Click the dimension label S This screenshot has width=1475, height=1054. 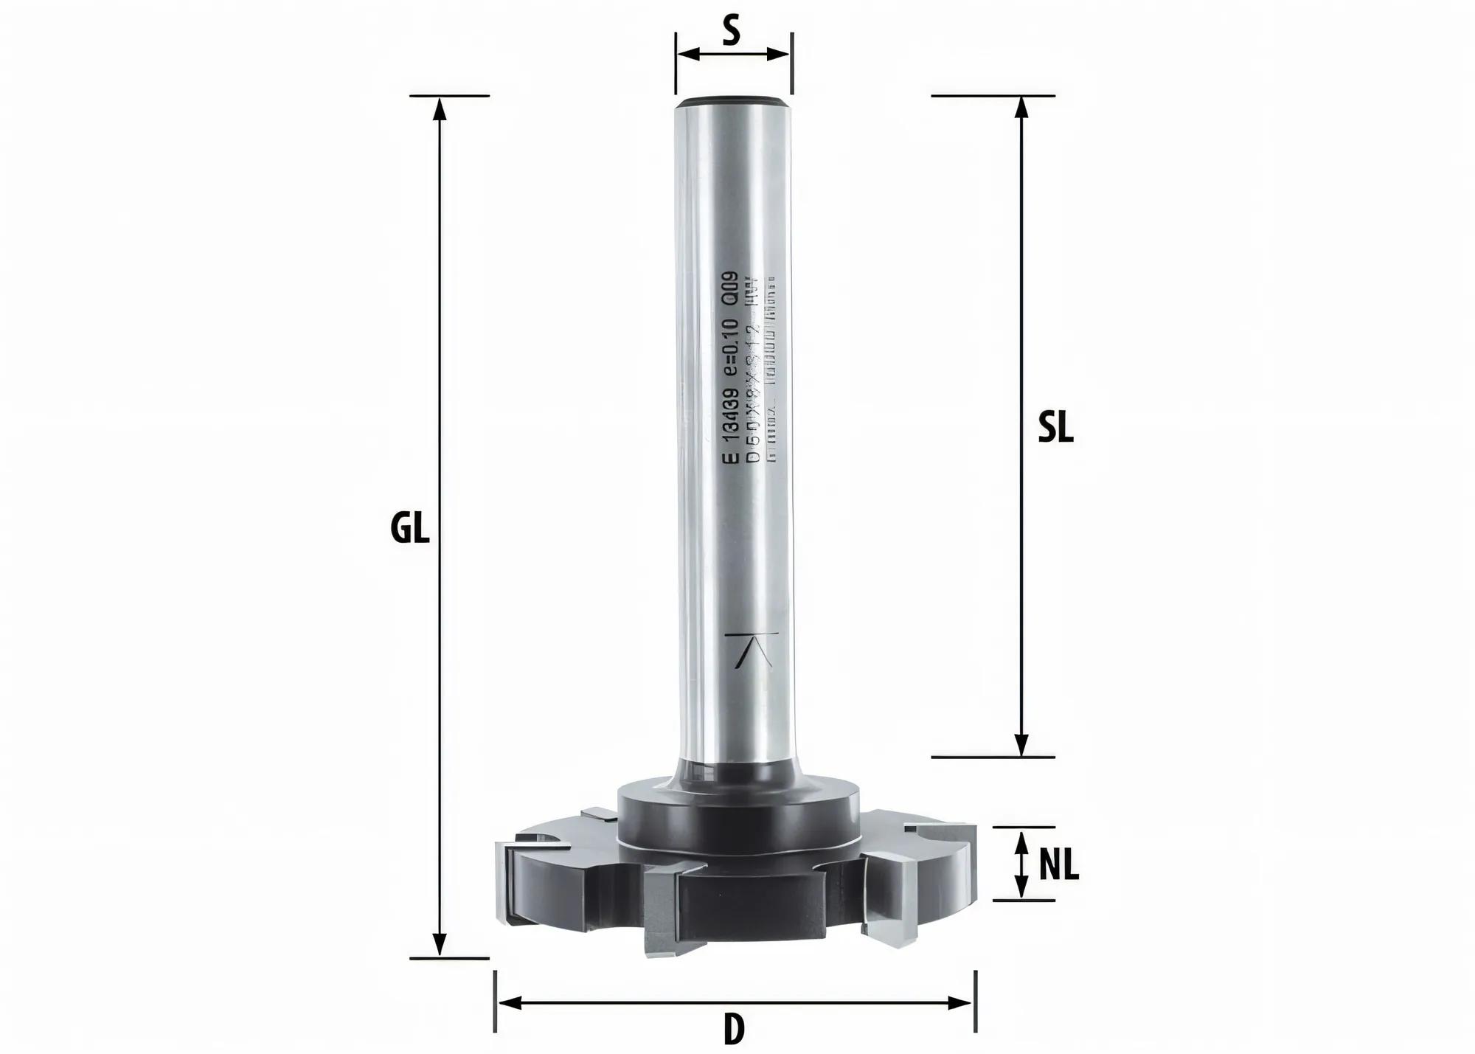[x=731, y=32]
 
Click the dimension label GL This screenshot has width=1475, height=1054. [x=409, y=529]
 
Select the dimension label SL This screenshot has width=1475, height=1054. [x=1055, y=427]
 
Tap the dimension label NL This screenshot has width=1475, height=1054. [x=1058, y=864]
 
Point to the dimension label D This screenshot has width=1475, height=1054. [x=733, y=1030]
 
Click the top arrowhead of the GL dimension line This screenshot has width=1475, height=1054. [x=440, y=108]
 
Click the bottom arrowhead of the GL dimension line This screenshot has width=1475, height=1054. [x=440, y=945]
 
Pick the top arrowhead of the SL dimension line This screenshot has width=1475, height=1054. [x=1021, y=108]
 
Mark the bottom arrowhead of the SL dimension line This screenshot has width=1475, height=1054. [x=1021, y=745]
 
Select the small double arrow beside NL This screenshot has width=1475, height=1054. [x=1021, y=864]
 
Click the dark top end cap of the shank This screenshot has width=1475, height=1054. [x=733, y=102]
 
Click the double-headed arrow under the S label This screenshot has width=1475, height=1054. [x=733, y=54]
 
